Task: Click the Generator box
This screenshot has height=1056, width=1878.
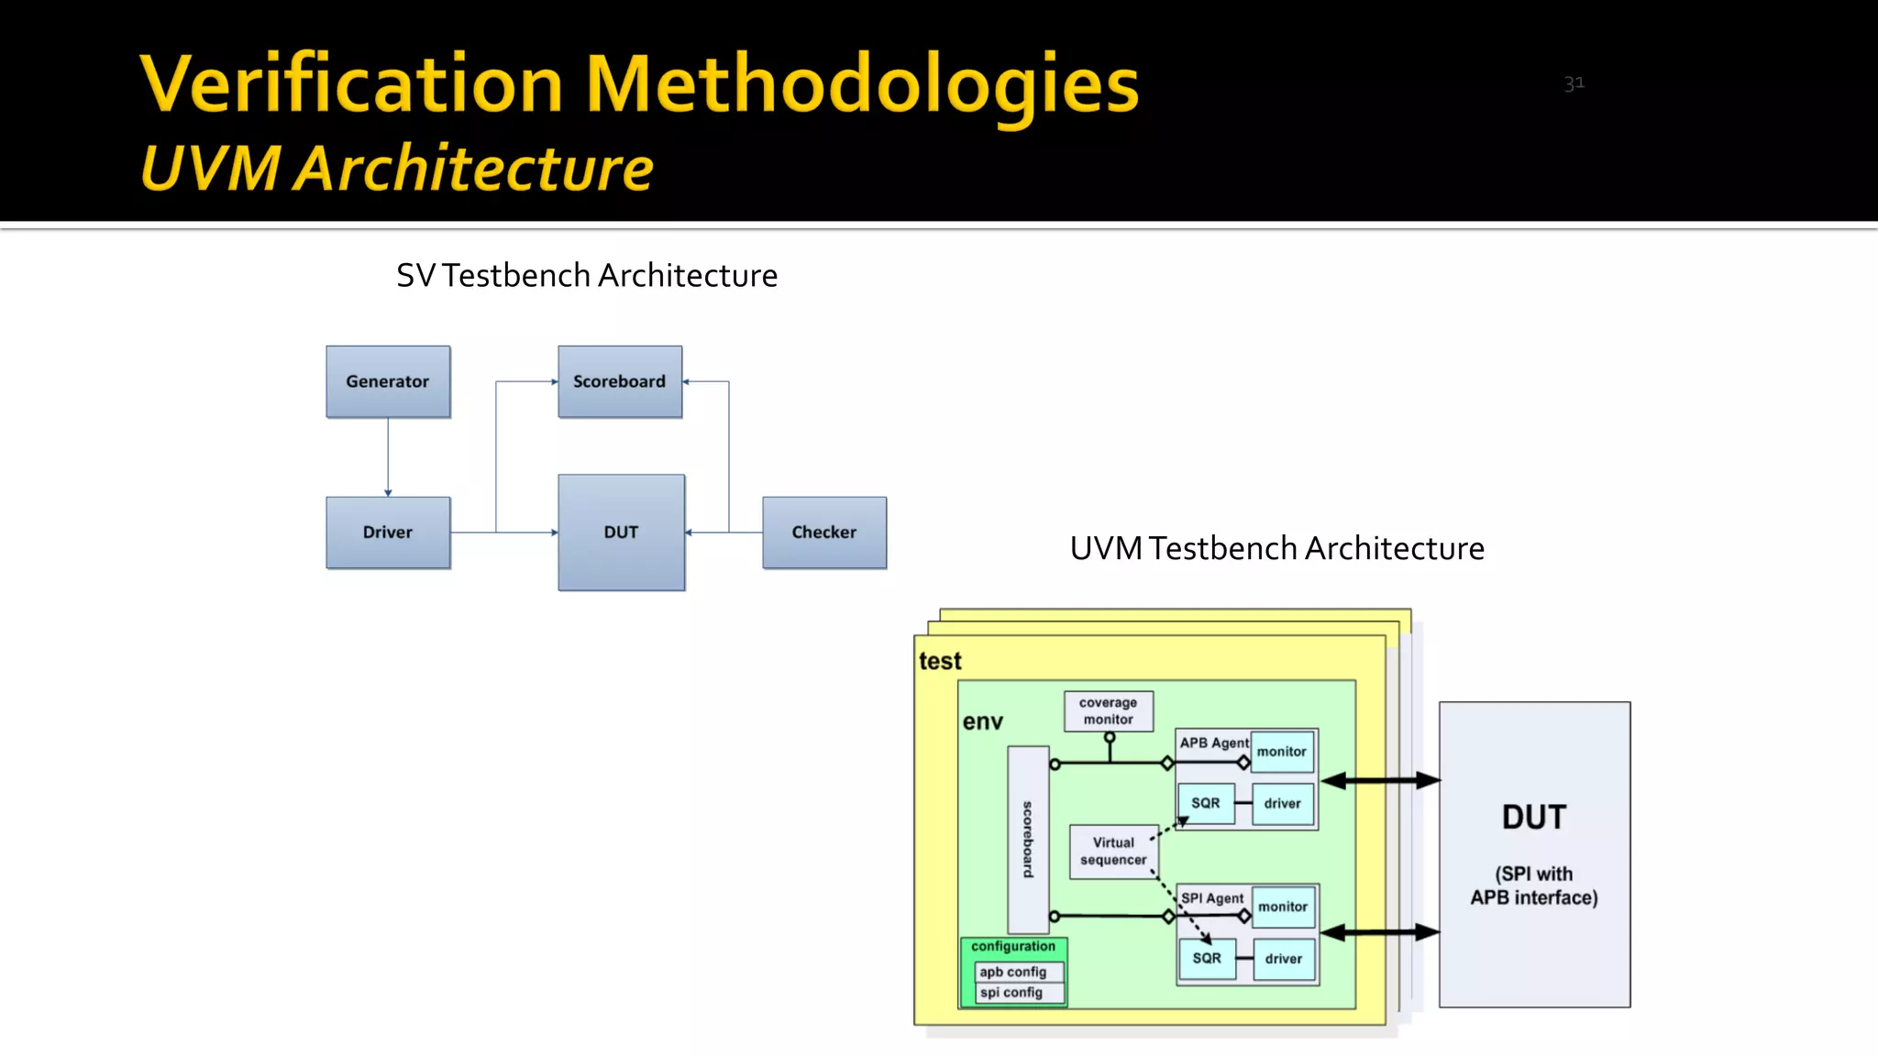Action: click(388, 381)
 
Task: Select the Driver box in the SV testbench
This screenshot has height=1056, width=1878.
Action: click(388, 533)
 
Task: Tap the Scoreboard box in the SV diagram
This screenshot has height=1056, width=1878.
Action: click(620, 381)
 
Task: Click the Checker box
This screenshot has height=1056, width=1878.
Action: click(824, 533)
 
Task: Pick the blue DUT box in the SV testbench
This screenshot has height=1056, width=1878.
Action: click(621, 533)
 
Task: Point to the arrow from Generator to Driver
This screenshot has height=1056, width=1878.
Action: click(388, 456)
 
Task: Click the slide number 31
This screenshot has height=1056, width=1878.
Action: click(1574, 84)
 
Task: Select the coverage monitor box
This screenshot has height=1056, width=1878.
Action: click(1109, 711)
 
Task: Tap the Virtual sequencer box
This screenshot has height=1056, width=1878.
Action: click(1113, 852)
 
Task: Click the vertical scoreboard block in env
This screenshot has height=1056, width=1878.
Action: click(1028, 839)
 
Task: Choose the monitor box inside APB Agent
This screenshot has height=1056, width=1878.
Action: click(1282, 752)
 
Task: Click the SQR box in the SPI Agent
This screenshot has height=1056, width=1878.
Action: click(1207, 959)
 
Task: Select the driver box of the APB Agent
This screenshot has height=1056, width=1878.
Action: click(1282, 804)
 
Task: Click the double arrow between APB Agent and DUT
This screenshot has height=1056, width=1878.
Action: click(1380, 781)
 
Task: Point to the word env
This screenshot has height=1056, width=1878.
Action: click(982, 722)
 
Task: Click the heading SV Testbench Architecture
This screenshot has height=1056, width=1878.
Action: click(587, 276)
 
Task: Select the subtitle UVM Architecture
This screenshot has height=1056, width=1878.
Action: click(397, 170)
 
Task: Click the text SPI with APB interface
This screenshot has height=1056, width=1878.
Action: click(1534, 885)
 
